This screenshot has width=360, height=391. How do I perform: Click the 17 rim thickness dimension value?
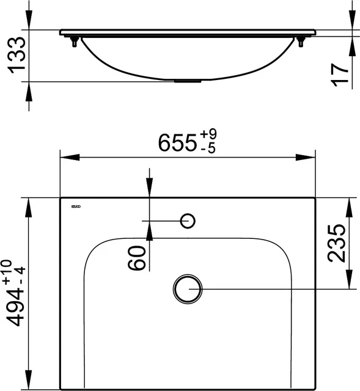click(x=341, y=72)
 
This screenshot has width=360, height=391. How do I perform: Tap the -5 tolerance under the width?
click(x=208, y=148)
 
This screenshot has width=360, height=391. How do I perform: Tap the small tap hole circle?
click(x=188, y=220)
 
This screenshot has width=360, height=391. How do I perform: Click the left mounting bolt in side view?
click(x=75, y=42)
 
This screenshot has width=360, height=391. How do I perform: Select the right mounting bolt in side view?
click(x=301, y=42)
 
